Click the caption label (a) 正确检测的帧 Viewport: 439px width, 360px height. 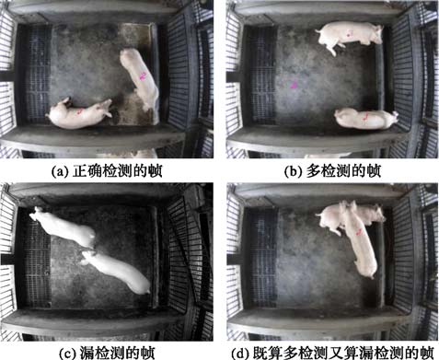click(x=107, y=171)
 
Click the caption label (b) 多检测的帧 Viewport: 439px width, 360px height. click(x=332, y=171)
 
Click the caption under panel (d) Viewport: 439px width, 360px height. click(x=332, y=353)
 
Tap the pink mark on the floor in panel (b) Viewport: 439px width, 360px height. click(x=295, y=85)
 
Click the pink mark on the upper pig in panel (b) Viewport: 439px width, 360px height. click(x=349, y=33)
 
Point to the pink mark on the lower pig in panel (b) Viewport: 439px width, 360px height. click(x=365, y=116)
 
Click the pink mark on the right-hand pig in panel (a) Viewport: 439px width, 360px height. click(x=143, y=75)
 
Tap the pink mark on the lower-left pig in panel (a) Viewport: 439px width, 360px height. click(x=80, y=111)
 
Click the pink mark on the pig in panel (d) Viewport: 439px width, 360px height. click(x=359, y=232)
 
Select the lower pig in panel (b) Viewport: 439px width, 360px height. click(x=366, y=119)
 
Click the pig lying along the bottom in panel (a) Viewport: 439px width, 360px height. click(x=79, y=113)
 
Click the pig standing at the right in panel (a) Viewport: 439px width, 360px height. click(x=140, y=78)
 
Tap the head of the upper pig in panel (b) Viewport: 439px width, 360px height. click(x=375, y=34)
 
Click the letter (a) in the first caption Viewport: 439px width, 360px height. click(x=59, y=171)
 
